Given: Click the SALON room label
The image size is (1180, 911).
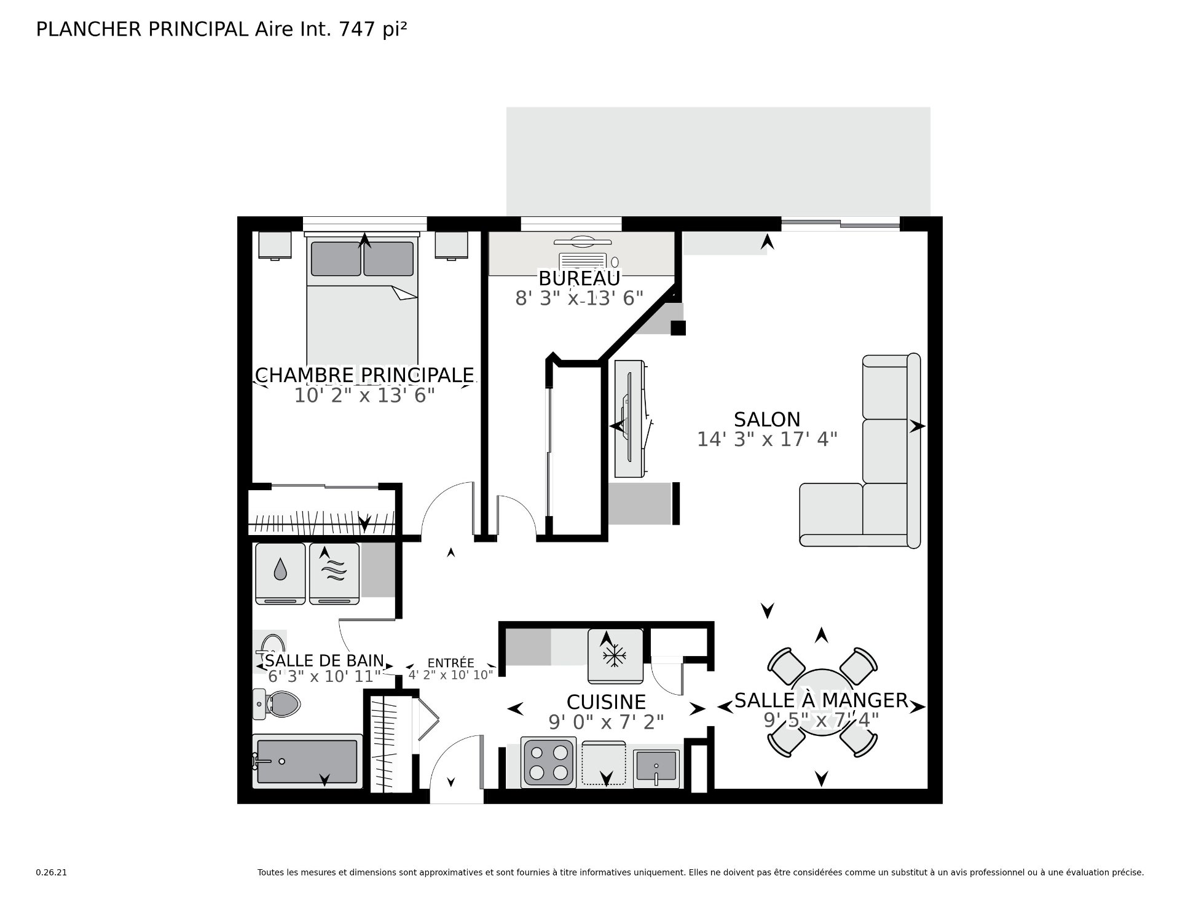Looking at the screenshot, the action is [x=767, y=420].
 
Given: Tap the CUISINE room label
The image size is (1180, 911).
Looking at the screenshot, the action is [x=606, y=702].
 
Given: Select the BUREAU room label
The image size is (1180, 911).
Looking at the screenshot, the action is [x=580, y=278].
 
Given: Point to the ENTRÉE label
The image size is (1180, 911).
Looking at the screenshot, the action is [x=451, y=663].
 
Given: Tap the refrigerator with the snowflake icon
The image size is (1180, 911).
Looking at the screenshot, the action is [x=615, y=655].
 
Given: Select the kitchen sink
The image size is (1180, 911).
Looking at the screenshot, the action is [x=656, y=768].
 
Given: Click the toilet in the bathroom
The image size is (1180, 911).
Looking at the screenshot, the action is [x=276, y=704].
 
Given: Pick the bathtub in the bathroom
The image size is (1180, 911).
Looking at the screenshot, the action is [x=307, y=761].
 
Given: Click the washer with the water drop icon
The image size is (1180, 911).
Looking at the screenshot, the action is [x=280, y=574].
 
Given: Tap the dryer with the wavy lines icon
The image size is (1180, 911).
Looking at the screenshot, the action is [x=334, y=574].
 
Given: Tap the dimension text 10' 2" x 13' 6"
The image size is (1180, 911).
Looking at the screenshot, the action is [x=364, y=396].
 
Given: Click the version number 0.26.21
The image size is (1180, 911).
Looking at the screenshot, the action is [x=51, y=872].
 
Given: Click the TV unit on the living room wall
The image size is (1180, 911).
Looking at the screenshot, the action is [x=630, y=418].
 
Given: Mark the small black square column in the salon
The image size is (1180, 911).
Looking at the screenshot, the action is [x=678, y=328].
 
